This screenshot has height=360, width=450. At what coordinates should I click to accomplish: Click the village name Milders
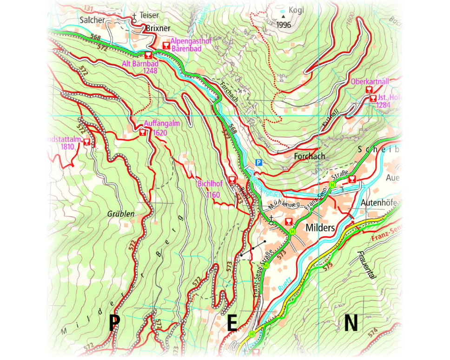(321, 228)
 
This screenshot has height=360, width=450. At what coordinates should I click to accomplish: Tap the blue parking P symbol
(259, 163)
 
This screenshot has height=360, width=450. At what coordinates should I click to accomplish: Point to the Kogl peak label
(296, 10)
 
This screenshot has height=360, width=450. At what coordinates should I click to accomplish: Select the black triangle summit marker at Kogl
(283, 16)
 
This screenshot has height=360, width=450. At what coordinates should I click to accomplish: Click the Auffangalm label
(161, 124)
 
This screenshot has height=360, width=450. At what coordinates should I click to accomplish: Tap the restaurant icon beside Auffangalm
(142, 132)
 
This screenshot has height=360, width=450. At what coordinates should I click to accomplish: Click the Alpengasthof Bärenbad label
(191, 45)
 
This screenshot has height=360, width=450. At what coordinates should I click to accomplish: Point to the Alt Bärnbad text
(140, 64)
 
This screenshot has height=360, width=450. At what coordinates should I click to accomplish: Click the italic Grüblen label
(120, 214)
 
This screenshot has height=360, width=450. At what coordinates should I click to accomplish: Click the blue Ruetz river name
(285, 282)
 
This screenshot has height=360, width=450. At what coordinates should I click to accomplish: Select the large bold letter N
(352, 322)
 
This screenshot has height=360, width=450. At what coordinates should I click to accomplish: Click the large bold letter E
(232, 323)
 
